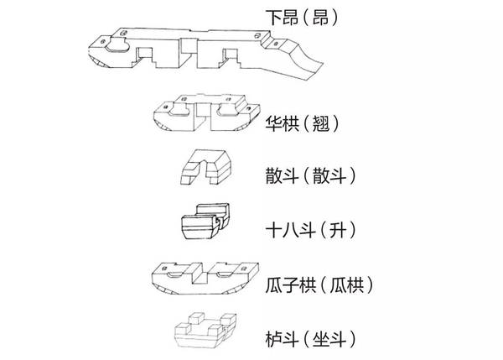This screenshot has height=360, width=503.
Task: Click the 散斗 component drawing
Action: (x=206, y=167)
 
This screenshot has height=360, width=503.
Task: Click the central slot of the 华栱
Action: (x=200, y=112)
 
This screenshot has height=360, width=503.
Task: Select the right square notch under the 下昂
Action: (x=231, y=56)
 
